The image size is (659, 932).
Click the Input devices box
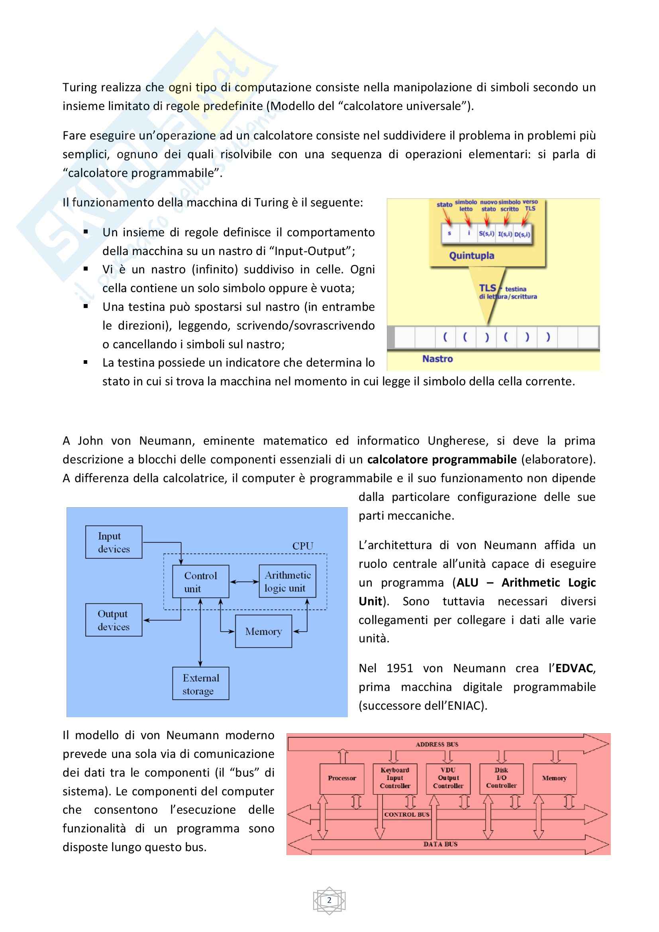[114, 542]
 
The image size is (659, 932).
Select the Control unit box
[200, 581]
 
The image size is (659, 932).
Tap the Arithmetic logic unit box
[287, 581]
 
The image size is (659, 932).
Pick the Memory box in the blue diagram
[263, 631]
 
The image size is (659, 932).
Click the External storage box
[200, 684]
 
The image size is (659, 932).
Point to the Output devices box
[114, 620]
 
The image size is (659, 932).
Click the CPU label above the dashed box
[303, 546]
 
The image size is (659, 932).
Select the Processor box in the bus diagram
[342, 778]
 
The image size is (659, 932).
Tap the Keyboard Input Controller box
[395, 778]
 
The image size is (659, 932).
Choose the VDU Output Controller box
[448, 778]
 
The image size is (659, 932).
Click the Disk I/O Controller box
[501, 778]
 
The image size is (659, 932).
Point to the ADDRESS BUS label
[437, 744]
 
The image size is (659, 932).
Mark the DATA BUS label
[440, 844]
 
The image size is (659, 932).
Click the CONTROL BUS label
[407, 815]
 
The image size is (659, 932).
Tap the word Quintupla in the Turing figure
[471, 256]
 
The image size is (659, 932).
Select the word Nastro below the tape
[437, 359]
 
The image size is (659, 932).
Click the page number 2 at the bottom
[329, 901]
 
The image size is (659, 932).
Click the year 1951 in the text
[400, 668]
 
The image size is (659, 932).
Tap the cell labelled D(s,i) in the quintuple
[522, 234]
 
